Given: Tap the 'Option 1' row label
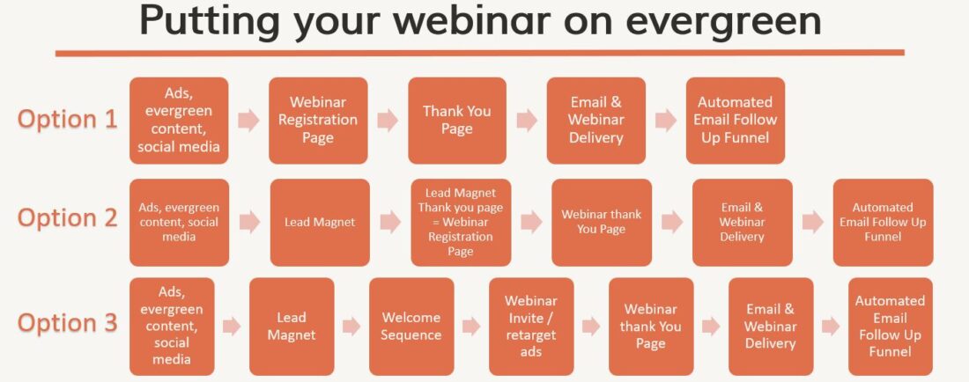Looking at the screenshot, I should tap(67, 120).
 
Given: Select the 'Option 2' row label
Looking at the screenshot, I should tap(67, 218).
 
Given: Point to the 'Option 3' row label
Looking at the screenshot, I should tap(67, 323).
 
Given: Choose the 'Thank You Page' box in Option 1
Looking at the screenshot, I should tap(457, 121).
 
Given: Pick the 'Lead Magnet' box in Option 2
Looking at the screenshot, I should tap(320, 222).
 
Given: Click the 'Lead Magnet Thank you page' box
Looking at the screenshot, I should tap(461, 222).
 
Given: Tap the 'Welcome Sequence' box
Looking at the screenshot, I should tap(411, 327).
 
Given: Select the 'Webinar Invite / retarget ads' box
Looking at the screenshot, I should tap(531, 327).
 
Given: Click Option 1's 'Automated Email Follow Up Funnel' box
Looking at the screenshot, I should tap(736, 121).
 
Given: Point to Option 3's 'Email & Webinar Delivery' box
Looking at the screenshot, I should tap(771, 327).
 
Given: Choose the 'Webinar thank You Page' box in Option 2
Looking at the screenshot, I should tap(602, 222).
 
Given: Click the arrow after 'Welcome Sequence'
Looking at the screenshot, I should tap(471, 327).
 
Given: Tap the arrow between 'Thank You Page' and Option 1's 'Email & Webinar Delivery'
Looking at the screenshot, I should tap(527, 121).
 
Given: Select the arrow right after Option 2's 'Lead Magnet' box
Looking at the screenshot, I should tap(390, 222).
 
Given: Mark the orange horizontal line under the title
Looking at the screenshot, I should tap(480, 53).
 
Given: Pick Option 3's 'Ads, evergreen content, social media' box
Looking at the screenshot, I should tap(172, 327).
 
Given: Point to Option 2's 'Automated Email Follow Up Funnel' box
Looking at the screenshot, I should tap(884, 222).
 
